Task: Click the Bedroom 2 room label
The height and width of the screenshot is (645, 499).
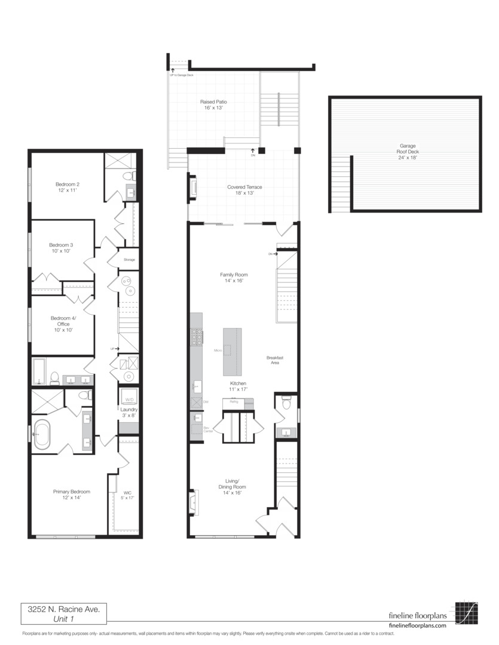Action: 68,188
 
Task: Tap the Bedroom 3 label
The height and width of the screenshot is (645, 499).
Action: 61,248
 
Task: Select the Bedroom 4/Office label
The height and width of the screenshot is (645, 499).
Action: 63,324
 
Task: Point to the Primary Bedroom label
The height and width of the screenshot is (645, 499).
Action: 71,494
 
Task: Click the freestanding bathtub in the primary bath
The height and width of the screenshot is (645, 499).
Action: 42,434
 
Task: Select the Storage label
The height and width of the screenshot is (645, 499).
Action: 129,260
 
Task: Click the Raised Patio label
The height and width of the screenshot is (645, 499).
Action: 213,105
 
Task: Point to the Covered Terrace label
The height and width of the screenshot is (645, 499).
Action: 244,190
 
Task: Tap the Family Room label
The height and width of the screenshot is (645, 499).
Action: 234,278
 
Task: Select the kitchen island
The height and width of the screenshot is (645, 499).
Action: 232,351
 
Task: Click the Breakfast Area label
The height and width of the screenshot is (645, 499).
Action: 274,360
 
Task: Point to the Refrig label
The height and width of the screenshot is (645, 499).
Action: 234,402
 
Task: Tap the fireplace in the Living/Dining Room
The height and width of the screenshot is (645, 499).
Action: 192,502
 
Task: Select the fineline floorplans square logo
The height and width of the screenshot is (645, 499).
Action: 466,612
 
